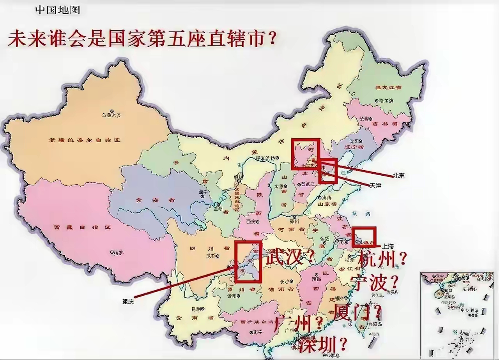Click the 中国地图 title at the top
coord(58,10)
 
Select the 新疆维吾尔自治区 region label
coord(84,139)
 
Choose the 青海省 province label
coord(149,200)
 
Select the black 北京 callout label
coord(398,176)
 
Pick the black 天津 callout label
coord(375,186)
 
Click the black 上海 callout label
coord(388,246)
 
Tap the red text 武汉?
coord(290,257)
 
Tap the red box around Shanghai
coord(364,236)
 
